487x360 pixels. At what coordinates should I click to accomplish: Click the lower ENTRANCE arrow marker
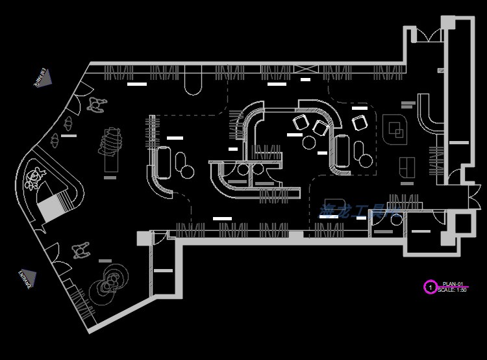(27, 278)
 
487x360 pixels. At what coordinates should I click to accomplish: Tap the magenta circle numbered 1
(429, 287)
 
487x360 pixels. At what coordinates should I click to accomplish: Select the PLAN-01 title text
(452, 284)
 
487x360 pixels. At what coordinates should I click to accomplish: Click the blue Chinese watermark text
(356, 211)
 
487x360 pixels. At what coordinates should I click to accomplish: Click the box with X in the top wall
(305, 70)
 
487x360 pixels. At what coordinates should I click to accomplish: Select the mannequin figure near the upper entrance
(97, 104)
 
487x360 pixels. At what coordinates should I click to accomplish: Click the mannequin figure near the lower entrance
(82, 249)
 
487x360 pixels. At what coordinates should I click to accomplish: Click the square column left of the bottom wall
(144, 238)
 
